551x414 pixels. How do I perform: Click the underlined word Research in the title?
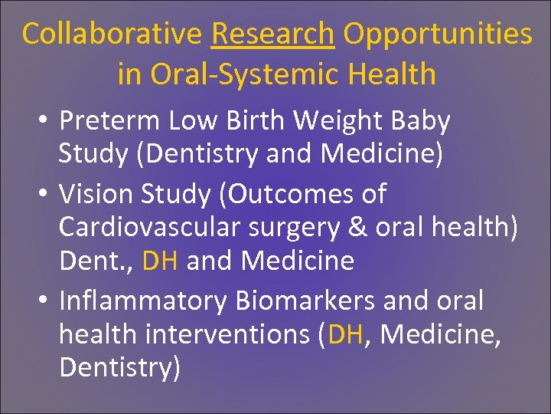tap(273, 34)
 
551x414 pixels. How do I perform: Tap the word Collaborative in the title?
tap(112, 34)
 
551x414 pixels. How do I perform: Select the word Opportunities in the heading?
tap(437, 34)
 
